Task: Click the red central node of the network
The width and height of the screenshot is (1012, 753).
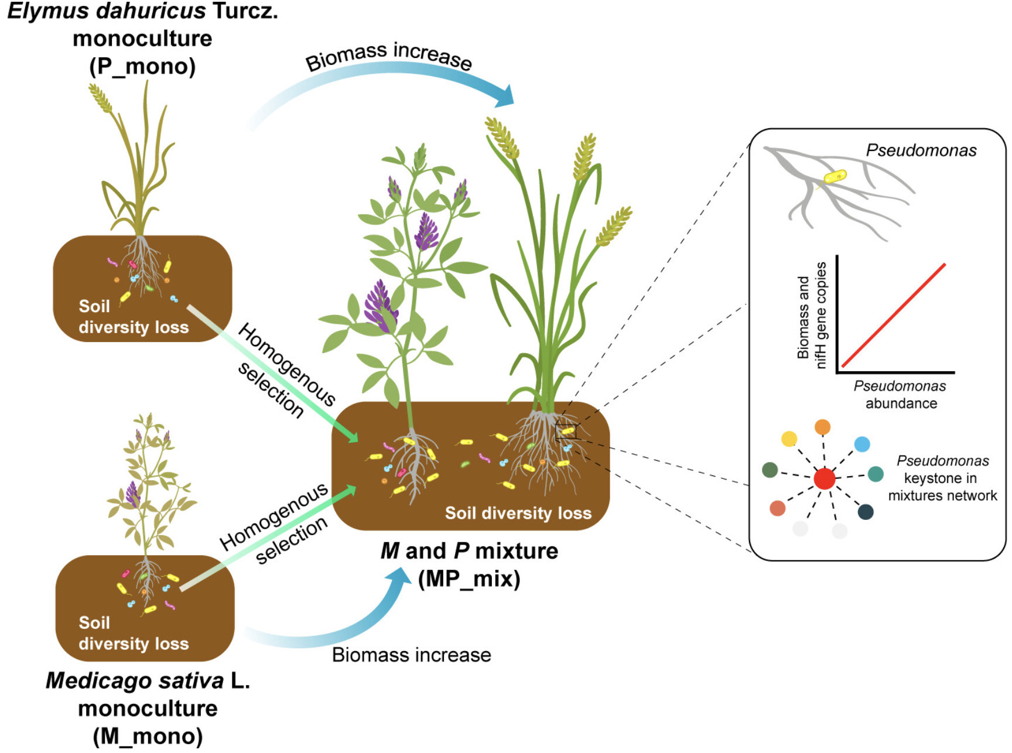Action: [824, 478]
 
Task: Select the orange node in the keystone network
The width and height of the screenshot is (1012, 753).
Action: [822, 427]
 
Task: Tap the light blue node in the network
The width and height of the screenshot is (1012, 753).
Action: [861, 444]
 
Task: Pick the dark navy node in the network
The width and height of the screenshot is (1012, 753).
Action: [865, 512]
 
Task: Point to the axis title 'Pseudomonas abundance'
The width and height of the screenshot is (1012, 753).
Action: [900, 395]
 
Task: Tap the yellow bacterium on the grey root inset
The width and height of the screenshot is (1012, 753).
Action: [835, 176]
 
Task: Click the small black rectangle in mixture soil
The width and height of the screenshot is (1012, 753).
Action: [566, 432]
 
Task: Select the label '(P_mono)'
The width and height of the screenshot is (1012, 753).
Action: [142, 66]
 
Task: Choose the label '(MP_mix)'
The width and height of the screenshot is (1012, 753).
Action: [469, 579]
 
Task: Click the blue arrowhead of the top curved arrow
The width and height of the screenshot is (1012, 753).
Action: [504, 96]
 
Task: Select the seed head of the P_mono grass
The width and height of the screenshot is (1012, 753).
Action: [100, 98]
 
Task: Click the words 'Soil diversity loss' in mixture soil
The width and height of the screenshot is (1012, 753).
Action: [518, 513]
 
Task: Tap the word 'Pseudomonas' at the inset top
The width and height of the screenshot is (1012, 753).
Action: [921, 150]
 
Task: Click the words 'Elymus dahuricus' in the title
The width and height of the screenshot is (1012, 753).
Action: [107, 11]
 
